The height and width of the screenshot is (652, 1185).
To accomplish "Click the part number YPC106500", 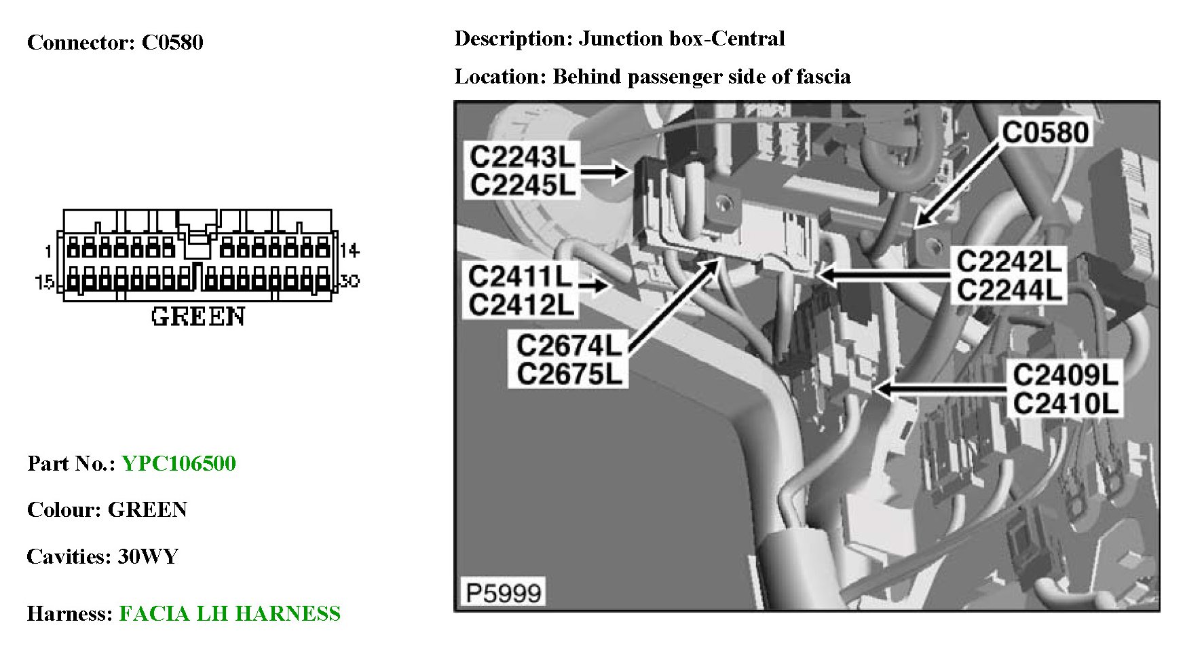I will click(x=178, y=463).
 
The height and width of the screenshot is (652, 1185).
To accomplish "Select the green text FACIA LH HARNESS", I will click(x=229, y=613).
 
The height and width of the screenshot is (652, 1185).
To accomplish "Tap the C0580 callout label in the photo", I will click(x=1045, y=132).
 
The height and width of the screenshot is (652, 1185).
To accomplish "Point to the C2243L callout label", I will click(x=522, y=157).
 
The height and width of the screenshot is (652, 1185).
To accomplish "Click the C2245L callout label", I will click(x=522, y=185).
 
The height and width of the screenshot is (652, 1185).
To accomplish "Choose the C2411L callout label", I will click(x=521, y=276).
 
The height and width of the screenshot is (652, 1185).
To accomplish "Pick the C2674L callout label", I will click(x=568, y=346).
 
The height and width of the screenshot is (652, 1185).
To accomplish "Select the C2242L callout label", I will click(x=1009, y=261).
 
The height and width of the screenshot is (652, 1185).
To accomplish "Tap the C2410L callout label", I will click(x=1065, y=404).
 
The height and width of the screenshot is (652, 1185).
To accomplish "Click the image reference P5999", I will click(x=503, y=593).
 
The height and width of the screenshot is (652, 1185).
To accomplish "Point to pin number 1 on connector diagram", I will click(x=48, y=252).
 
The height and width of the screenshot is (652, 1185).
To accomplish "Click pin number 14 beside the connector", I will click(x=350, y=251).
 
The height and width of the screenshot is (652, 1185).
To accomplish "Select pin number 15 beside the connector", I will click(x=45, y=281).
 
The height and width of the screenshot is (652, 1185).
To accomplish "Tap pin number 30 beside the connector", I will click(x=349, y=280).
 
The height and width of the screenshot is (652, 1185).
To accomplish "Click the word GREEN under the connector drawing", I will click(x=197, y=316).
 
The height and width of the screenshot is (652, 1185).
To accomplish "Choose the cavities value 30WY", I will click(x=148, y=556).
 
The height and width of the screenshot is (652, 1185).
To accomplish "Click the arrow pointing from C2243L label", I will click(x=605, y=171).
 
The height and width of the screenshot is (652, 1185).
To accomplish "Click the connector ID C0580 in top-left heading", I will click(x=172, y=42).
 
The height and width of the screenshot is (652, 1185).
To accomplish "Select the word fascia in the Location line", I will click(x=823, y=76).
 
